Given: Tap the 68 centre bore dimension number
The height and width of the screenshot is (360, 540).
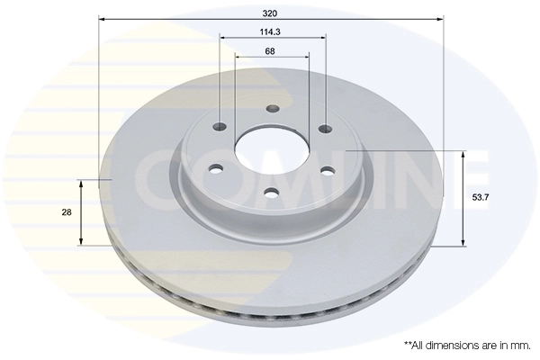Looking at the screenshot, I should [x=271, y=50].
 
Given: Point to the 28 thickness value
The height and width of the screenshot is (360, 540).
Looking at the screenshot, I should [x=67, y=212].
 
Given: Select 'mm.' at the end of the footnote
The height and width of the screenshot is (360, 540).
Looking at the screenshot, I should [x=521, y=345].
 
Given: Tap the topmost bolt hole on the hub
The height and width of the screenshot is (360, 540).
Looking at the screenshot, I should [x=272, y=110].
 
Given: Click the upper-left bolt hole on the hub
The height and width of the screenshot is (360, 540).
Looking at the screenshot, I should [x=220, y=126].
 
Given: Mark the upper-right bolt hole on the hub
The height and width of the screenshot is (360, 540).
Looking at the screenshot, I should [x=324, y=126].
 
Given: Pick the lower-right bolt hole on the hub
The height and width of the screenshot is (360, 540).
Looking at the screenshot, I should [x=327, y=170].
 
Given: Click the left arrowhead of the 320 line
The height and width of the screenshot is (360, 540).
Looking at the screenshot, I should [x=102, y=17].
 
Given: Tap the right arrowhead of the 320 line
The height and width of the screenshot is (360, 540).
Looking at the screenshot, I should [x=440, y=17].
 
